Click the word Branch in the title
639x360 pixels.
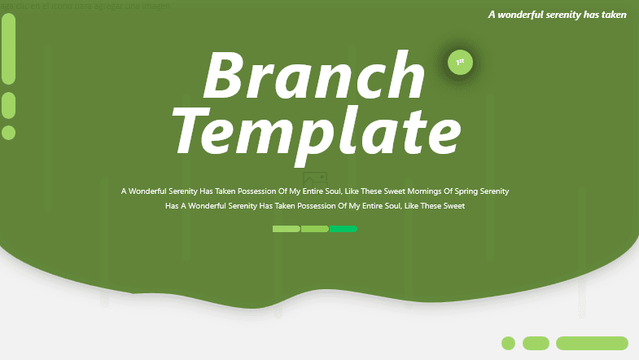314,75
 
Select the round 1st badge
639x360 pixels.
460,62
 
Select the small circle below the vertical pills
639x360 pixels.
9,132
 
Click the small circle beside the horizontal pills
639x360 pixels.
508,343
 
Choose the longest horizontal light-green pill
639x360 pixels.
592,343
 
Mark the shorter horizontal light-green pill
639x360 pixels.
536,343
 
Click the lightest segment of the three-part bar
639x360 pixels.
286,229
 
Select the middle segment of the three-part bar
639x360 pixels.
314,229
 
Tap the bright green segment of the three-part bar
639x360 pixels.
344,229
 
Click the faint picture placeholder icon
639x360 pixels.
314,178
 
